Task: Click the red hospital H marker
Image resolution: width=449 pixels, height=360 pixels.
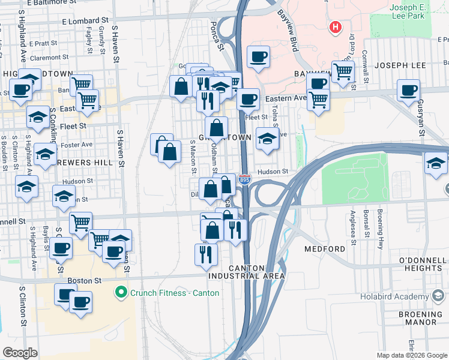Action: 335,27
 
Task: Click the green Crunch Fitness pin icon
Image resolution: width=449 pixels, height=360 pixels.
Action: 121,293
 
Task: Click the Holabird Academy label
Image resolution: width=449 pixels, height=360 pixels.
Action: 393,296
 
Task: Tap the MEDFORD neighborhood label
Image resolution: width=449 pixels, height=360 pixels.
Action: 325,249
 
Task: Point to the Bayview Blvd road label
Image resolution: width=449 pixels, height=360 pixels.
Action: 288,30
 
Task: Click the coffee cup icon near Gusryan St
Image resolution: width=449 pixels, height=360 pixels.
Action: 409,91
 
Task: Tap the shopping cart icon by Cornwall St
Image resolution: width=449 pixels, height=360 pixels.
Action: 343,71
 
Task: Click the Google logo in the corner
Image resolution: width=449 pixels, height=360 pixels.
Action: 20,353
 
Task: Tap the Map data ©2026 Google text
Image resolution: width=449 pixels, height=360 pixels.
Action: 412,355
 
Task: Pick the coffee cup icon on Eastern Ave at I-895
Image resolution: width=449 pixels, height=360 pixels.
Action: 247,100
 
